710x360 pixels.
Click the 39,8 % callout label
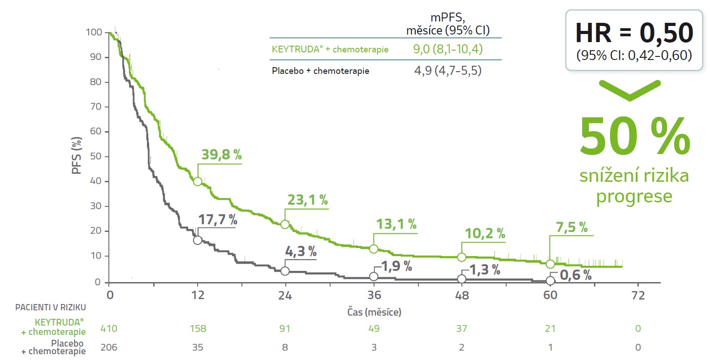pos(221,154)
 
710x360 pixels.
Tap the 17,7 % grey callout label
pos(218,219)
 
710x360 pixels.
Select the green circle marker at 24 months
pos(285,224)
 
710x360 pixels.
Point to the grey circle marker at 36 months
pos(374,277)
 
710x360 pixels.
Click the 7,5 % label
pos(572,227)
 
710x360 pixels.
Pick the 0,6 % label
pos(576,275)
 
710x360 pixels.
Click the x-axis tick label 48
pos(462,295)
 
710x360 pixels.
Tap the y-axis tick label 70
pos(96,107)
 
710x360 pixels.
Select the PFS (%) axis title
pos(77,155)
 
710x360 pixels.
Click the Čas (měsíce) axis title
pos(374,312)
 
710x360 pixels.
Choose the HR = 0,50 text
pos(634,33)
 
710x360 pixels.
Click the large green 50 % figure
pos(634,137)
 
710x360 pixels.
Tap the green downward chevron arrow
pos(629,90)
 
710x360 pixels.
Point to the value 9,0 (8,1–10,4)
pos(448,49)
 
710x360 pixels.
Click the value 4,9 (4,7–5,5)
pos(448,70)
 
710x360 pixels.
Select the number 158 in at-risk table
pos(198,328)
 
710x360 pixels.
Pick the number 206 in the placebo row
pos(109,347)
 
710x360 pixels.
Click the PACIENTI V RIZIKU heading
pos(51,307)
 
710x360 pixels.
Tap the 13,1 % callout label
pos(396,224)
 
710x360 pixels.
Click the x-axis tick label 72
pos(638,295)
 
